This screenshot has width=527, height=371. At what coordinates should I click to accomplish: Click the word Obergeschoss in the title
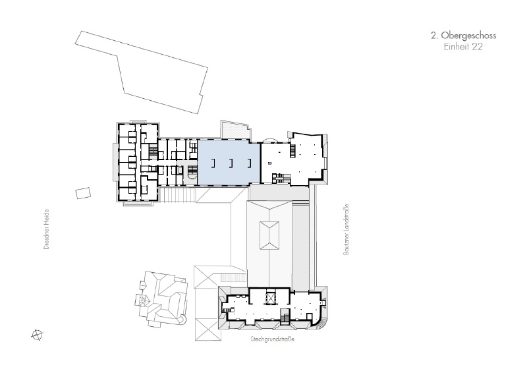click(468, 36)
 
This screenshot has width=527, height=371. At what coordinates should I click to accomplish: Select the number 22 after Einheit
click(477, 47)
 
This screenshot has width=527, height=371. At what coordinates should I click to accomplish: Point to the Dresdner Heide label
click(46, 229)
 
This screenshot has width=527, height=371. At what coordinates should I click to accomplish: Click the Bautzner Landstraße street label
click(346, 229)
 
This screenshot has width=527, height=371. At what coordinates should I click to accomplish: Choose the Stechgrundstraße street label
click(273, 339)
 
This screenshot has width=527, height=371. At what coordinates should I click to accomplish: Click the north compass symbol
click(37, 335)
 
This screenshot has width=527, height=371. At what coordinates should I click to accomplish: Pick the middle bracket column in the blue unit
click(231, 163)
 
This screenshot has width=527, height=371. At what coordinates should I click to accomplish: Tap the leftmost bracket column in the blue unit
click(213, 163)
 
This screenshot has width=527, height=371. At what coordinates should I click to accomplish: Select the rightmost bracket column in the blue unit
click(249, 163)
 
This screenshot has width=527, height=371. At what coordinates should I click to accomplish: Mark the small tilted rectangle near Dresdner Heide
click(83, 193)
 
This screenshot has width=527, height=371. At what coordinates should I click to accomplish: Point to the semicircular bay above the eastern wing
click(270, 140)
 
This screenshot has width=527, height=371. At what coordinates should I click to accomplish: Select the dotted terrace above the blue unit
click(235, 130)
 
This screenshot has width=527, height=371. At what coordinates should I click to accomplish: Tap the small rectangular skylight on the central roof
click(269, 235)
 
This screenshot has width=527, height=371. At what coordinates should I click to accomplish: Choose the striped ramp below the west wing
click(177, 195)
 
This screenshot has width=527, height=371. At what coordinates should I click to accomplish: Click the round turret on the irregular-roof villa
click(142, 300)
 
